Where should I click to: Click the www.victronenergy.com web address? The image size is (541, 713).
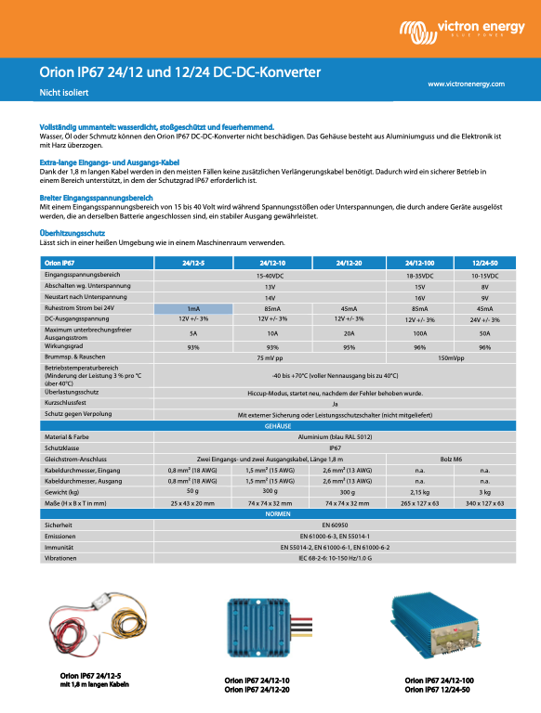[x=466, y=84]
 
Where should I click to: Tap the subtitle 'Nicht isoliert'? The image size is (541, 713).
[x=62, y=93]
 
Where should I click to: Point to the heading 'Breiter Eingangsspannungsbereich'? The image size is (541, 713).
[x=96, y=198]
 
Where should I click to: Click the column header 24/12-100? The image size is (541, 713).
[x=419, y=263]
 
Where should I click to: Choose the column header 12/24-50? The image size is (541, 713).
[x=484, y=263]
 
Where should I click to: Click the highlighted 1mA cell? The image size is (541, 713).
[x=193, y=308]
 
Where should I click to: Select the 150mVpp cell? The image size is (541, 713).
[x=452, y=357]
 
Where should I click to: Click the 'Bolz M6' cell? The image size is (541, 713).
[x=452, y=459]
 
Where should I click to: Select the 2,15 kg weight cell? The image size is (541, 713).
[x=419, y=491]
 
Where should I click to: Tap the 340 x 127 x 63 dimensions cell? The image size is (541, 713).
[x=484, y=502]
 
